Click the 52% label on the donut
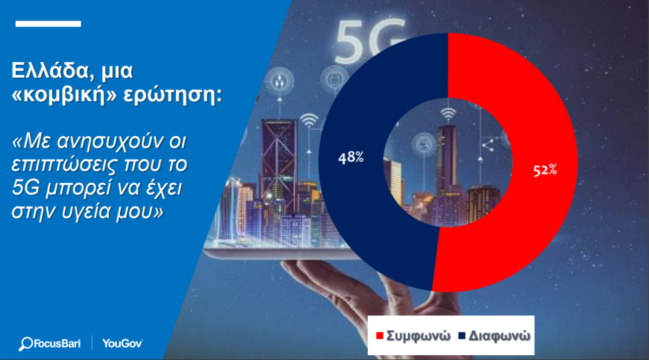[x=545, y=170]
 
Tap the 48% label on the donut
[x=351, y=157]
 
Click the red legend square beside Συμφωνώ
[x=380, y=336]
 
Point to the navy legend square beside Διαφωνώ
[x=462, y=336]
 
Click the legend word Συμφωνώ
[x=419, y=336]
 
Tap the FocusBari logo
[x=50, y=344]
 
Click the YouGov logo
[x=122, y=343]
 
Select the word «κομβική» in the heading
[x=64, y=94]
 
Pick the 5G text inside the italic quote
[x=25, y=188]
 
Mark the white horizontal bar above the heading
[x=48, y=24]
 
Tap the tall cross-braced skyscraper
[x=279, y=162]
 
